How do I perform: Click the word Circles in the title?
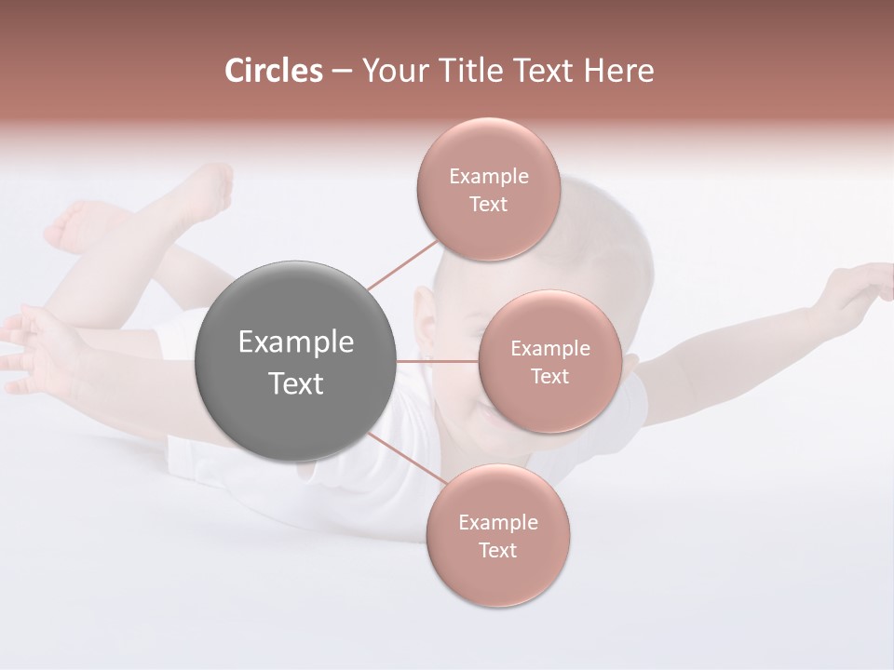pos(273,71)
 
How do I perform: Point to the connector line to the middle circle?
pos(438,361)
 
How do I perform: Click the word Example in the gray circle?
pos(296,342)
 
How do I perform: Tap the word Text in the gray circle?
pos(296,383)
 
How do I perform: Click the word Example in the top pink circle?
pos(488,176)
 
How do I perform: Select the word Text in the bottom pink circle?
pos(497,550)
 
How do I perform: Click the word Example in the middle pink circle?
pos(549,348)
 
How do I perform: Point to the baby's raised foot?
pos(210,191)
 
